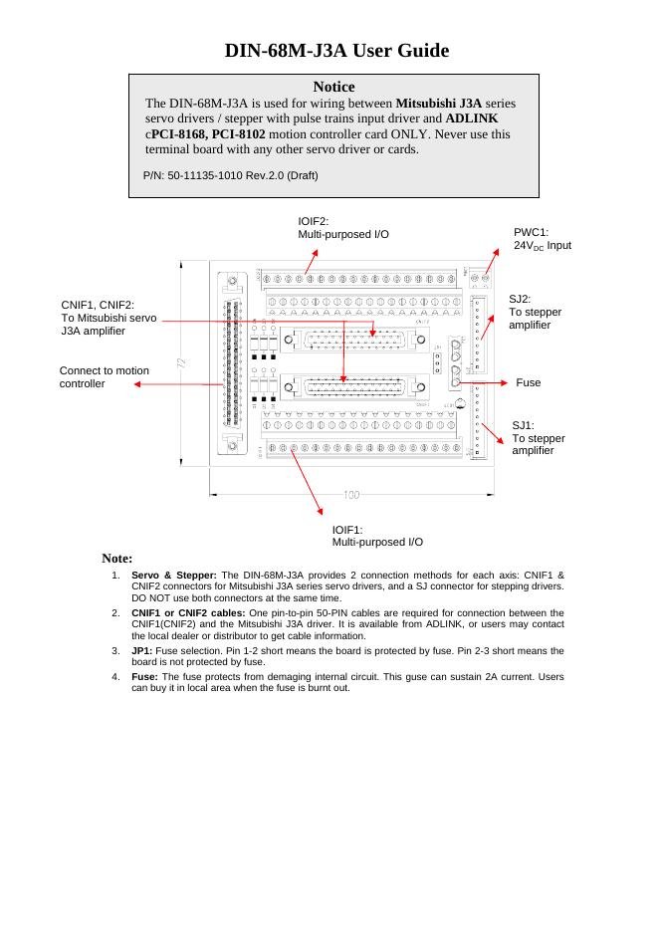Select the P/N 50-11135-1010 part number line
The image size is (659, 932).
pyautogui.click(x=230, y=175)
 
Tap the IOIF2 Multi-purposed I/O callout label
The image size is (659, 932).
pyautogui.click(x=343, y=228)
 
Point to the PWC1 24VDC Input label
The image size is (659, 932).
pyautogui.click(x=542, y=238)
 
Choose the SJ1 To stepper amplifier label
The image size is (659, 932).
pyautogui.click(x=538, y=438)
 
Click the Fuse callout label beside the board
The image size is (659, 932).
pyautogui.click(x=529, y=382)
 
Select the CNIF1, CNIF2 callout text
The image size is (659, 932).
pyautogui.click(x=109, y=318)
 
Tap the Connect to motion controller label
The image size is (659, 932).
pyautogui.click(x=105, y=377)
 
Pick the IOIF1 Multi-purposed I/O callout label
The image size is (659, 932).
pyautogui.click(x=377, y=536)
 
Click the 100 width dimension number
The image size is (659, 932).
pyautogui.click(x=352, y=495)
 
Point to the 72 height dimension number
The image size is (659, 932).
pyautogui.click(x=181, y=362)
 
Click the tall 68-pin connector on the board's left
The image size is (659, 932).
pyautogui.click(x=232, y=364)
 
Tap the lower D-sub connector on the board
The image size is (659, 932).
pyautogui.click(x=343, y=389)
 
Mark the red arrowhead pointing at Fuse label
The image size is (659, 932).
pyautogui.click(x=505, y=382)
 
